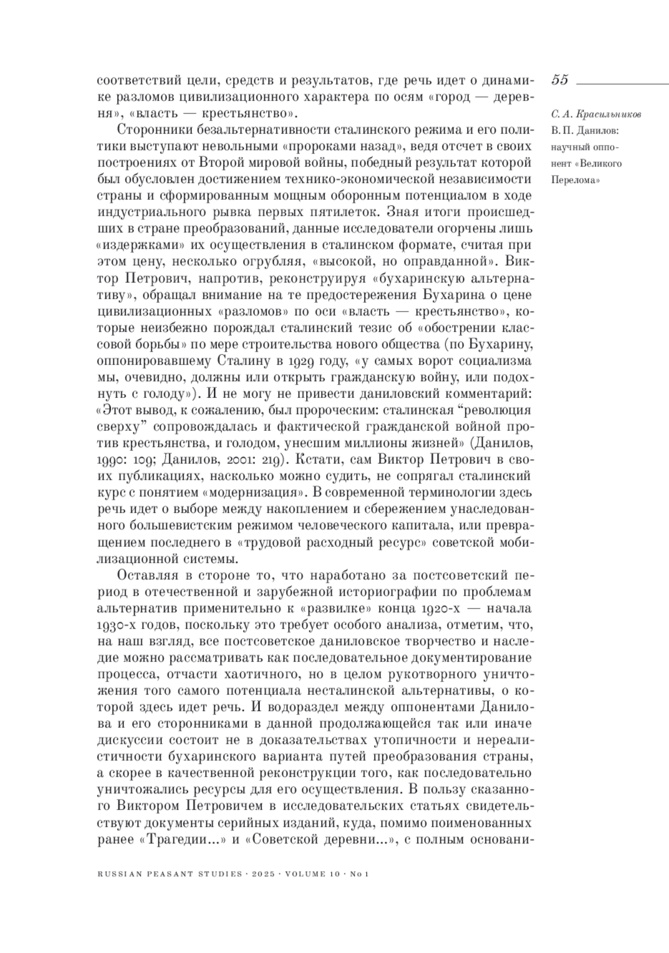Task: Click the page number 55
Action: click(x=560, y=80)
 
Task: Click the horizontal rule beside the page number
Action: click(x=622, y=82)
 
